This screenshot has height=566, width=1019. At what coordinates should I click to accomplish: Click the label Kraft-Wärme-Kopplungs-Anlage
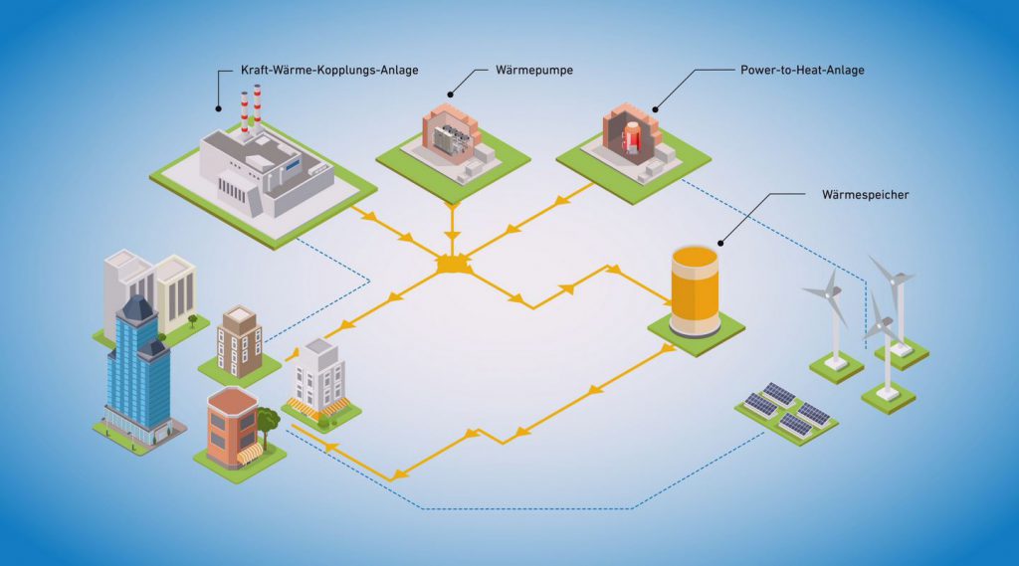tap(329, 71)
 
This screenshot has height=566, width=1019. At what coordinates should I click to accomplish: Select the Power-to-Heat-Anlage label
tap(802, 71)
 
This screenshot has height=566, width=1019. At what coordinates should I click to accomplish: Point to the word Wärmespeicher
tap(865, 194)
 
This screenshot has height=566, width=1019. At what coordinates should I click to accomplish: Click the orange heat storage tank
tap(695, 289)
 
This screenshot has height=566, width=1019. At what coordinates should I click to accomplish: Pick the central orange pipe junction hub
tap(453, 267)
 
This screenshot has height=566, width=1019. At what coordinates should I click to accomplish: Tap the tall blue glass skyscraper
tap(137, 368)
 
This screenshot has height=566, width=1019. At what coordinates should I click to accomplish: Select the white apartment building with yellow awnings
tap(319, 379)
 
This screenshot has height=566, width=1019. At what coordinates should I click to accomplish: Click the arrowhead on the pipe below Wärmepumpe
tap(452, 236)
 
